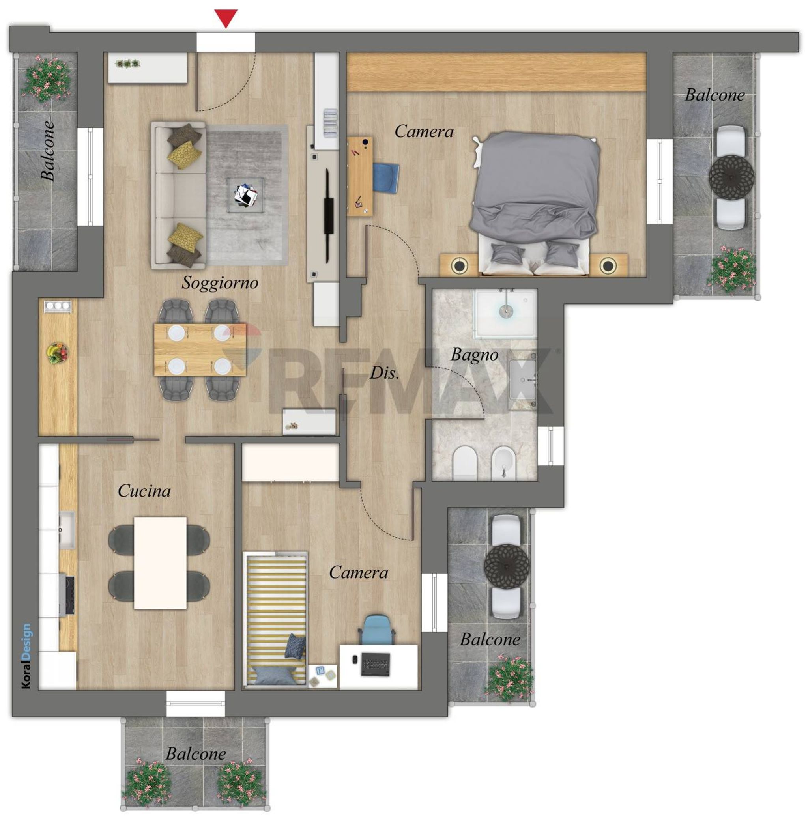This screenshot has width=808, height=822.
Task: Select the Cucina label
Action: coord(144,491)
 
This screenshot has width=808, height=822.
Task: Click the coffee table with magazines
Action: coord(246,195)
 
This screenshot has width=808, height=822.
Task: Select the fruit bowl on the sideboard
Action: coord(57,353)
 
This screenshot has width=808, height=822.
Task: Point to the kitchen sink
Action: coord(67,530)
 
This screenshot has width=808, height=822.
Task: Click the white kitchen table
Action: coord(161,563)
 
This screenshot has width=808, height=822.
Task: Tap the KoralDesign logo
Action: coord(26,656)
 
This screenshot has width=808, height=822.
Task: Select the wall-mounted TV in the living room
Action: coord(328,216)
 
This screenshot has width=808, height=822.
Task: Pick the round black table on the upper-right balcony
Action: coord(731,176)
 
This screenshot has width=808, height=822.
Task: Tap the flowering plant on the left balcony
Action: coord(47,79)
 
